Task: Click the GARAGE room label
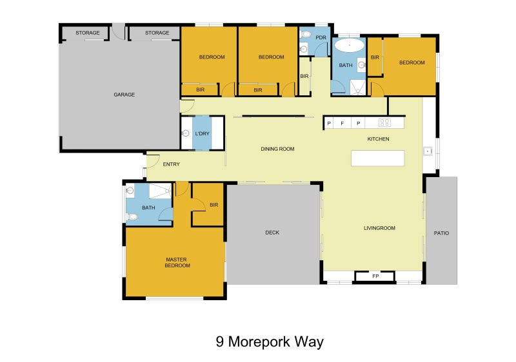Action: pos(124,95)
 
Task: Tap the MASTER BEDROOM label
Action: pos(177,262)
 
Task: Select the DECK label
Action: pos(272,233)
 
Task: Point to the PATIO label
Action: pos(441,233)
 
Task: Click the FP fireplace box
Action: pos(375,276)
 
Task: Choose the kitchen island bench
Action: pos(377,158)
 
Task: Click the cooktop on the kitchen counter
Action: pos(385,122)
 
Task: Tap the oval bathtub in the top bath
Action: pos(349,46)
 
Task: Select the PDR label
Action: pos(321,37)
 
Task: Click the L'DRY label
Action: pos(202,133)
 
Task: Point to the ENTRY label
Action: pos(171,164)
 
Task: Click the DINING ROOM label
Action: pos(277,149)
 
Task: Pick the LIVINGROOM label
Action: pos(379,228)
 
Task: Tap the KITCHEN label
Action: pos(378,139)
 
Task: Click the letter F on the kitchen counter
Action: pos(342,122)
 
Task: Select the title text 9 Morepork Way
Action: pos(270,341)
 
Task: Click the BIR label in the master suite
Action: pos(213,205)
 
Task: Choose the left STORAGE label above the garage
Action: pos(87,33)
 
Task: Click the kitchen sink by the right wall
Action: pos(427,151)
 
